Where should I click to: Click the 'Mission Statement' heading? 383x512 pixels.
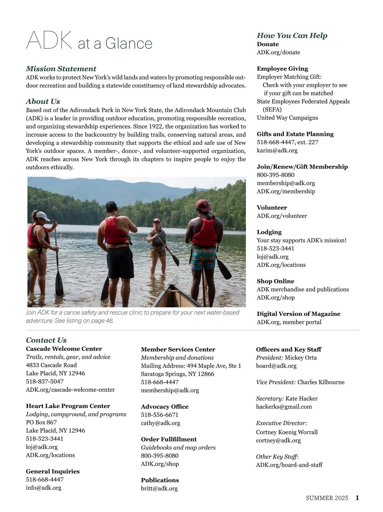point(61,69)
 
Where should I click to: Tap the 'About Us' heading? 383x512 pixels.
point(43,101)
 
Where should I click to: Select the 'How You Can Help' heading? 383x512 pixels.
point(292,35)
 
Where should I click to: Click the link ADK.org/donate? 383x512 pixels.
point(278,52)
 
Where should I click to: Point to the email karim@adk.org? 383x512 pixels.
point(277,150)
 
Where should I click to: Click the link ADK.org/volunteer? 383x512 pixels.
point(282,216)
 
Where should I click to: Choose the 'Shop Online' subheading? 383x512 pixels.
point(275,281)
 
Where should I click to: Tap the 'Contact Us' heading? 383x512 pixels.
point(46,340)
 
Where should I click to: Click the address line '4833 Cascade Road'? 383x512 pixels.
point(51,365)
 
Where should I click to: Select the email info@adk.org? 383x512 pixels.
point(43,488)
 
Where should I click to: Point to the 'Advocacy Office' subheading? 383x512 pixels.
point(165,407)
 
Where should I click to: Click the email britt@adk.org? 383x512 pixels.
point(159,488)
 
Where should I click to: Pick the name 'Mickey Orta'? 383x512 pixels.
point(301,358)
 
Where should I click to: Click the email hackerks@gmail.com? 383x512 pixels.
point(284,407)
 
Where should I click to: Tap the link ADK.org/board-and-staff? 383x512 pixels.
point(289,465)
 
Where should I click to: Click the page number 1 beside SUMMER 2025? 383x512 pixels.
point(357,498)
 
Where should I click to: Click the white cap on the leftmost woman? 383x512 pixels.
point(43,216)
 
